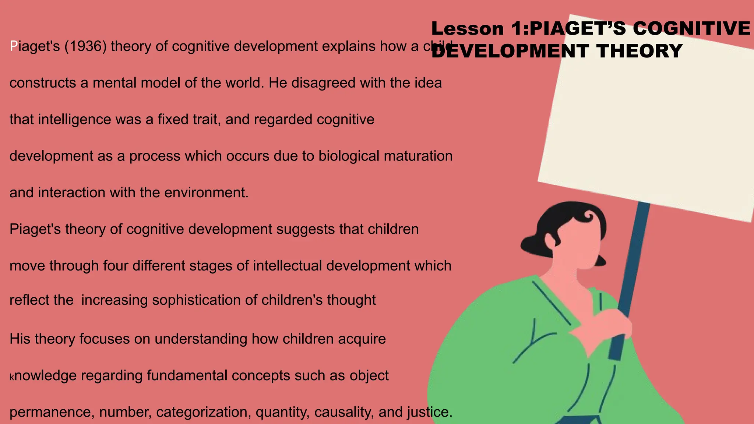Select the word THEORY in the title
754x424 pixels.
click(x=640, y=51)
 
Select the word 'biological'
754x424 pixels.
click(x=349, y=156)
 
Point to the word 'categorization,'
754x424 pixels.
click(x=204, y=412)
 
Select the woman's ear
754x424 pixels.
click(x=551, y=241)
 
